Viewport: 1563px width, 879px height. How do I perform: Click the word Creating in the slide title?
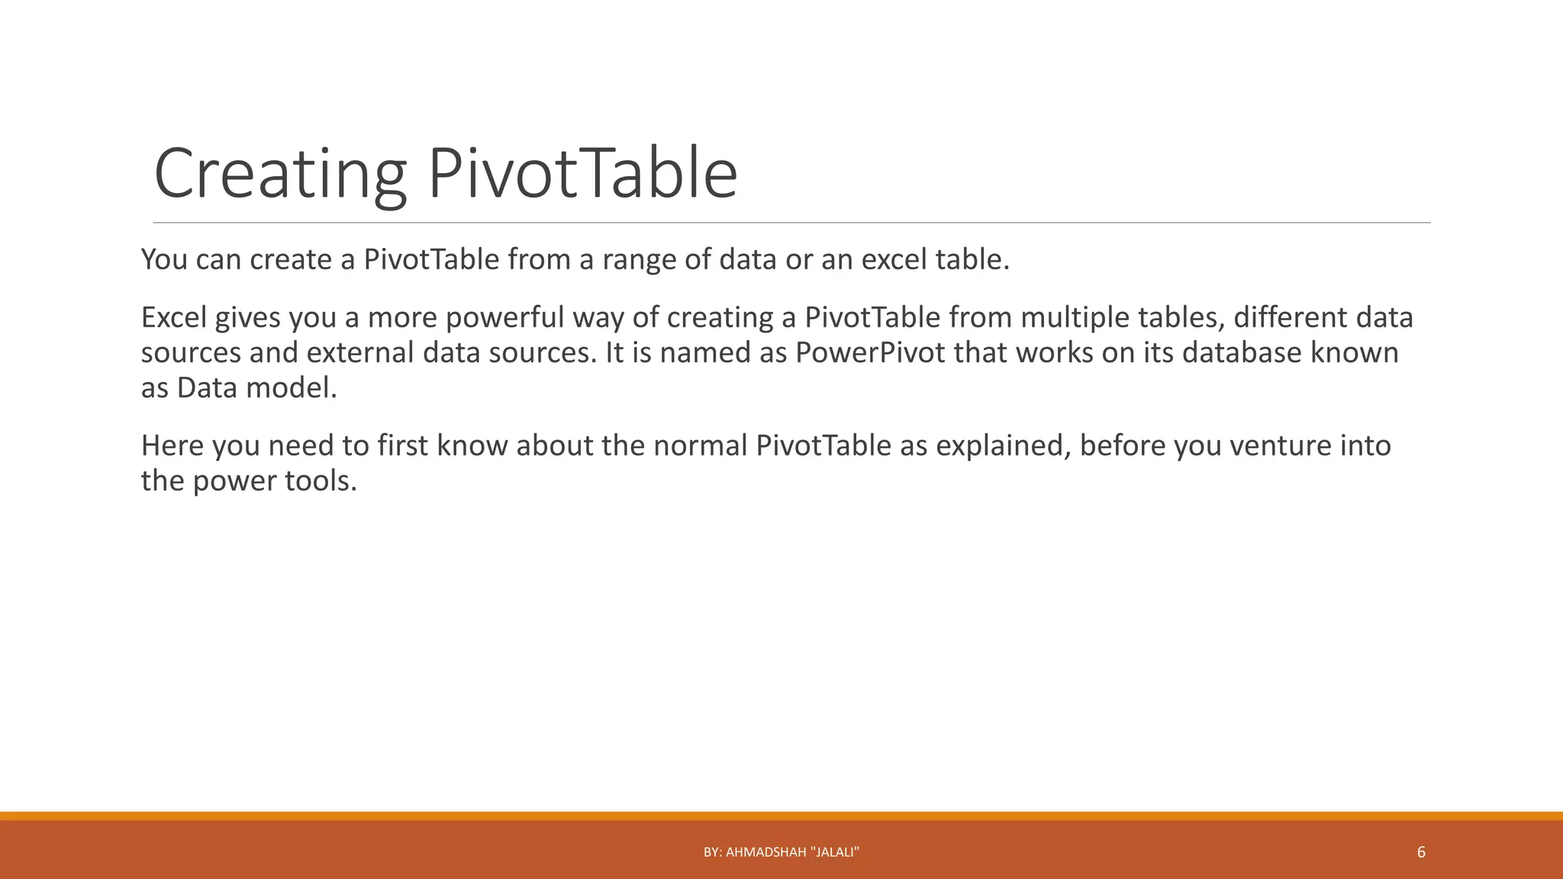point(279,174)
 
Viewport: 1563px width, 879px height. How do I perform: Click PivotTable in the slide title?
point(582,174)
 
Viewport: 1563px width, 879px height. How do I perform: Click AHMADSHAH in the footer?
point(765,852)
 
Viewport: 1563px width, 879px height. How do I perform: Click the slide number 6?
point(1421,852)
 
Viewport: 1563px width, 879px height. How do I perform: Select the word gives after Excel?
point(247,317)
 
